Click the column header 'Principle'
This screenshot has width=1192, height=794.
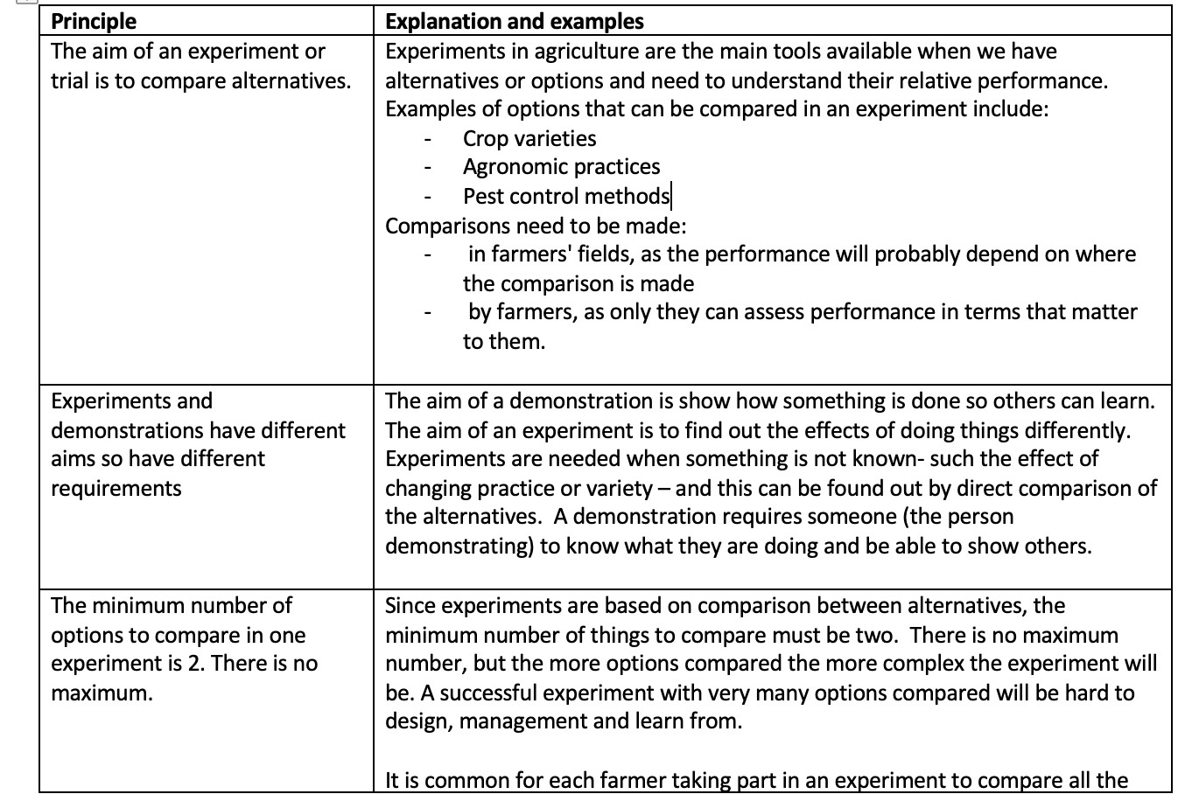click(94, 22)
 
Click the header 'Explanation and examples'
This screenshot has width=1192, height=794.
click(515, 22)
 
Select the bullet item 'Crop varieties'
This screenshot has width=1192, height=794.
click(529, 138)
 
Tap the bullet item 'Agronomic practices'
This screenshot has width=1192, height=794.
click(561, 167)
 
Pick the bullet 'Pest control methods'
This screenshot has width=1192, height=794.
click(565, 196)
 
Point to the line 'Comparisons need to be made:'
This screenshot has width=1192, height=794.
click(536, 226)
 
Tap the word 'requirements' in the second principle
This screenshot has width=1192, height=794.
click(116, 488)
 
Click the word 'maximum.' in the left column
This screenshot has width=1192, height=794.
click(102, 693)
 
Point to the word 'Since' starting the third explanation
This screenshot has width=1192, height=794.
click(410, 605)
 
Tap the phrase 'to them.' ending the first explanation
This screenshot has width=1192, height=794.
click(504, 342)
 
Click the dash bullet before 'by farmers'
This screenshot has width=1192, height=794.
click(427, 313)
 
